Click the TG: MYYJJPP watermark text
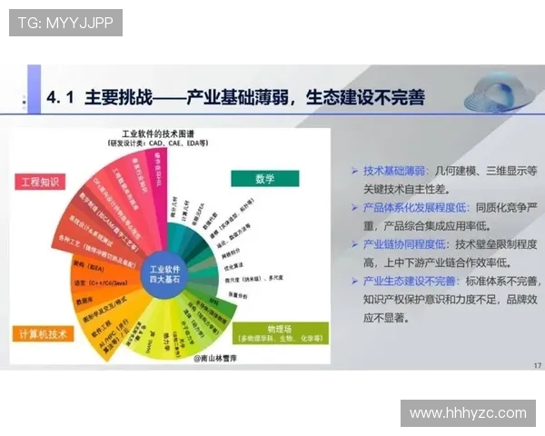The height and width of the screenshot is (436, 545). click(x=65, y=23)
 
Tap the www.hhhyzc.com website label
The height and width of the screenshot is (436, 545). click(x=468, y=413)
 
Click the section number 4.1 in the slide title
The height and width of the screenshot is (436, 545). click(x=64, y=97)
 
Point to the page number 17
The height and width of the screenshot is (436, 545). click(x=537, y=365)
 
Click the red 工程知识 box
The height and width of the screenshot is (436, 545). click(x=39, y=182)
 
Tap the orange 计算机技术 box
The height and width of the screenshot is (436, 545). click(x=44, y=333)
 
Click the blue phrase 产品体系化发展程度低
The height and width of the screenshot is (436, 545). click(x=413, y=207)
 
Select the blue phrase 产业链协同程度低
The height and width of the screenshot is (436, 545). click(x=406, y=244)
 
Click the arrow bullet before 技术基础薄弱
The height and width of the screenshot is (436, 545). click(x=354, y=171)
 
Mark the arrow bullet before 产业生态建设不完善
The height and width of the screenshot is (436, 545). click(x=354, y=282)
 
